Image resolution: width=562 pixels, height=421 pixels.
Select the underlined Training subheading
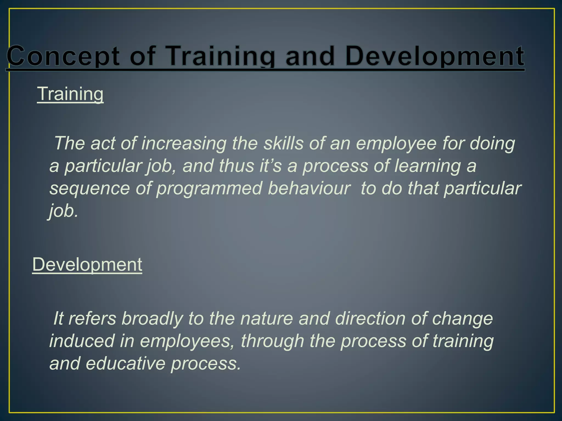(x=70, y=94)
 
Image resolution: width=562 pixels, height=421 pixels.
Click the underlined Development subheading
(x=87, y=264)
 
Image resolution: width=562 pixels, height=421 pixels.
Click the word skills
(x=283, y=143)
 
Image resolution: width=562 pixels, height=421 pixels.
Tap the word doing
(x=492, y=143)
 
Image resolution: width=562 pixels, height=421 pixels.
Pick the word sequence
(x=89, y=189)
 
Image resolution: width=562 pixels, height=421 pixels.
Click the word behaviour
(x=309, y=189)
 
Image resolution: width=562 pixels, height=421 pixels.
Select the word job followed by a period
(x=64, y=211)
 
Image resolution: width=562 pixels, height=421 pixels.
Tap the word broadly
(x=152, y=318)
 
